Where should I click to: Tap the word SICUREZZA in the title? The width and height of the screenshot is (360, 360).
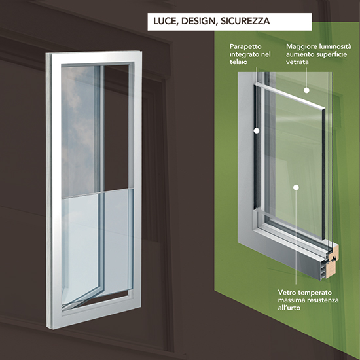click(x=245, y=21)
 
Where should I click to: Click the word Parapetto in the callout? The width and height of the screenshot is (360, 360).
click(x=245, y=47)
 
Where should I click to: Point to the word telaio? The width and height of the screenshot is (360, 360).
click(x=238, y=62)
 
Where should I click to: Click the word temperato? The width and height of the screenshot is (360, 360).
click(x=312, y=293)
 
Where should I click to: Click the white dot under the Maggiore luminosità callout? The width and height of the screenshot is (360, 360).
click(x=306, y=90)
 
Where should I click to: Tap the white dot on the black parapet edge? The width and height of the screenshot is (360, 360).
click(x=257, y=131)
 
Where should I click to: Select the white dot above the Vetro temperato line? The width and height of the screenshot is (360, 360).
click(x=296, y=187)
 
